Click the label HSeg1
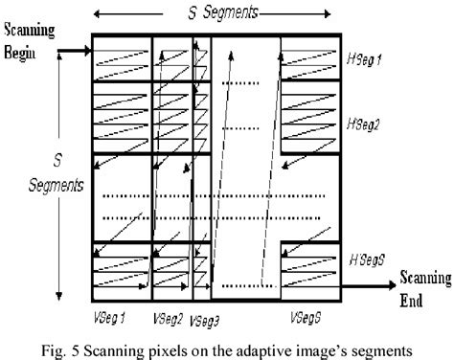[x=364, y=59]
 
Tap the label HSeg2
[x=365, y=124]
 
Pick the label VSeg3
[x=205, y=318]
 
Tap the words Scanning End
[x=422, y=286]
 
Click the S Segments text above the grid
[x=220, y=15]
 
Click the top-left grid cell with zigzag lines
[x=121, y=59]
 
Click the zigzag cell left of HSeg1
[x=309, y=59]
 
